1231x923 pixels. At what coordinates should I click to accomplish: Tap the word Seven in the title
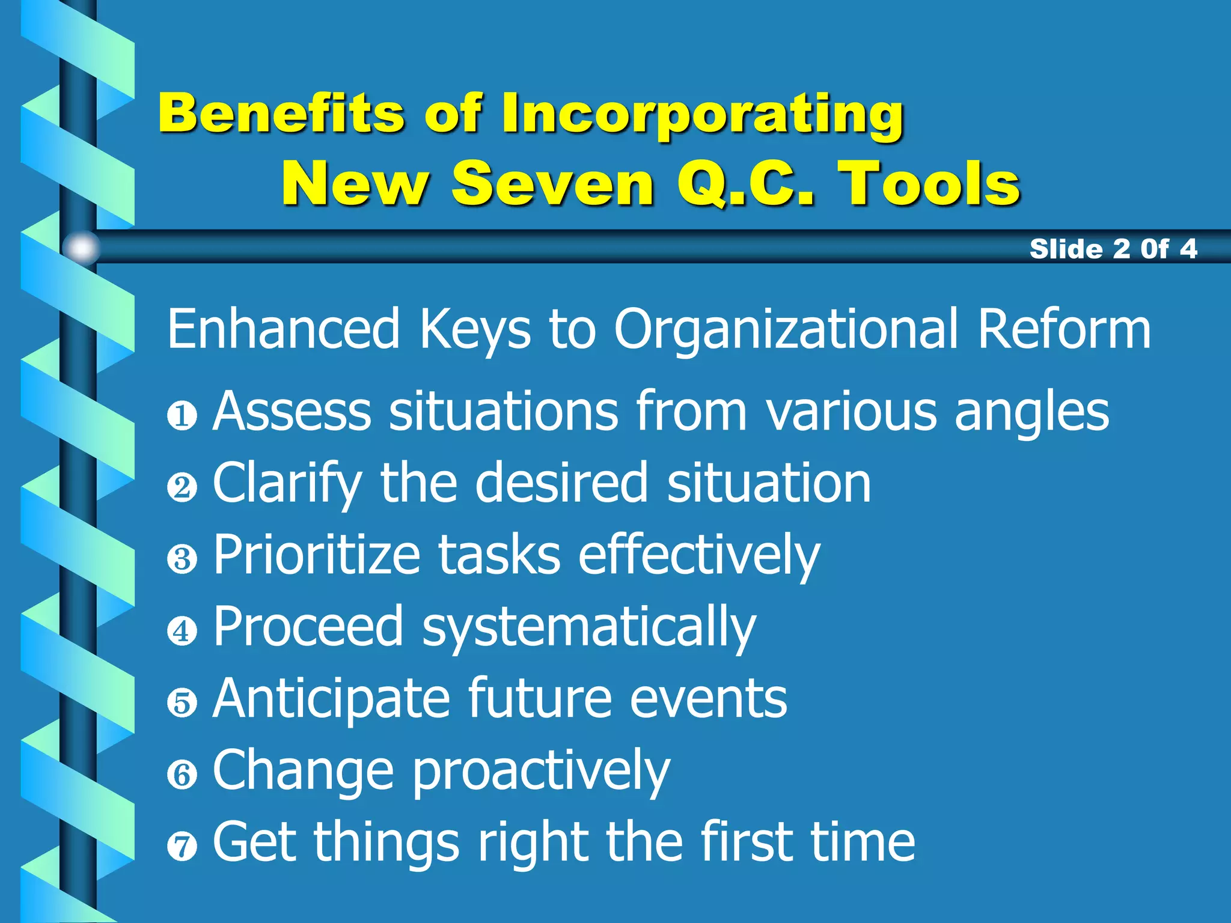[552, 184]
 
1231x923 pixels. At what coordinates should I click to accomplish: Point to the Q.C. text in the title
[746, 184]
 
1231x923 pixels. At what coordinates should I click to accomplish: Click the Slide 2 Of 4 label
[1113, 249]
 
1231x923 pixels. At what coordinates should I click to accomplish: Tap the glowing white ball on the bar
[81, 248]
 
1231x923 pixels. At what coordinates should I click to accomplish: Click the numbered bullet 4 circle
[182, 631]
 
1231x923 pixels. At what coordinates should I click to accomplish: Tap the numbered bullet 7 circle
[182, 847]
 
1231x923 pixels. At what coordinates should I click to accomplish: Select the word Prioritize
[317, 555]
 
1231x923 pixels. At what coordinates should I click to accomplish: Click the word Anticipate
[331, 699]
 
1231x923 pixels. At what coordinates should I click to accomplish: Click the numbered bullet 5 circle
[182, 703]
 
